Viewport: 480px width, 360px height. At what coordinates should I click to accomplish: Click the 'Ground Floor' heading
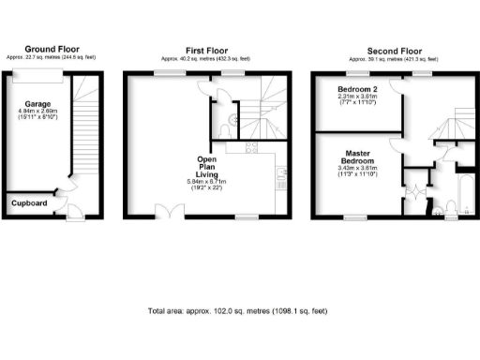52,49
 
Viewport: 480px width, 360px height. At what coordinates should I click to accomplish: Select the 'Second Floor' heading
382,49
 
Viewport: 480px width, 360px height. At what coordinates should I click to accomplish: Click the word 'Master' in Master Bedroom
357,153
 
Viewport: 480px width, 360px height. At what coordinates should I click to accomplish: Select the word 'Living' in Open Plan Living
207,172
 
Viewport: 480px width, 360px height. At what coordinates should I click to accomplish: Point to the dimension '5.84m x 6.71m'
207,181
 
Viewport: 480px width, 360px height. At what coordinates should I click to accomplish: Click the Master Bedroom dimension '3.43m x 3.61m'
357,170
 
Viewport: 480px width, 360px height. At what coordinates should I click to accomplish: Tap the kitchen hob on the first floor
250,148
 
